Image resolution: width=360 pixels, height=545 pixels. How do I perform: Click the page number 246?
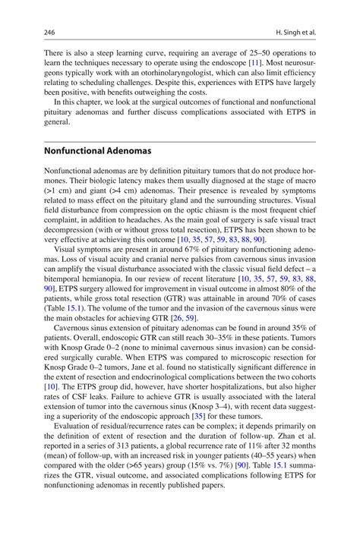click(50, 33)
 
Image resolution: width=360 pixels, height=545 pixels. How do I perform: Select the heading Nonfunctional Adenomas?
click(97, 151)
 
